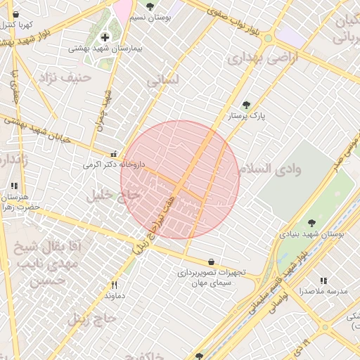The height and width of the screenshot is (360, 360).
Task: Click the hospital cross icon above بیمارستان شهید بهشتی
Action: (105, 37)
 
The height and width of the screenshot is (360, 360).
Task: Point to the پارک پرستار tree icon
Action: (245, 105)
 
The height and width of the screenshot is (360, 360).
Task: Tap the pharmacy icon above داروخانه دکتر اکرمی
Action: (113, 153)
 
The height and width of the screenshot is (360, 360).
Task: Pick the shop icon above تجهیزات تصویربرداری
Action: (212, 261)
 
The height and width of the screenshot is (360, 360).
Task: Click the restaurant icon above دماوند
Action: (114, 285)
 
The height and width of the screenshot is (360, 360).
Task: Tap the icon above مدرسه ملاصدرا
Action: (323, 280)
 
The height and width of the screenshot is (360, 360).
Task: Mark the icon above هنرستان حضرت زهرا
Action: (13, 186)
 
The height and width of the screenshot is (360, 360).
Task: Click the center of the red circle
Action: (180, 179)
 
